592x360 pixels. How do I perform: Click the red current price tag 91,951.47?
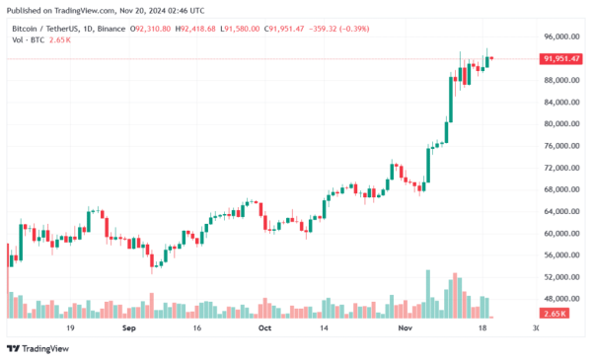(561, 59)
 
